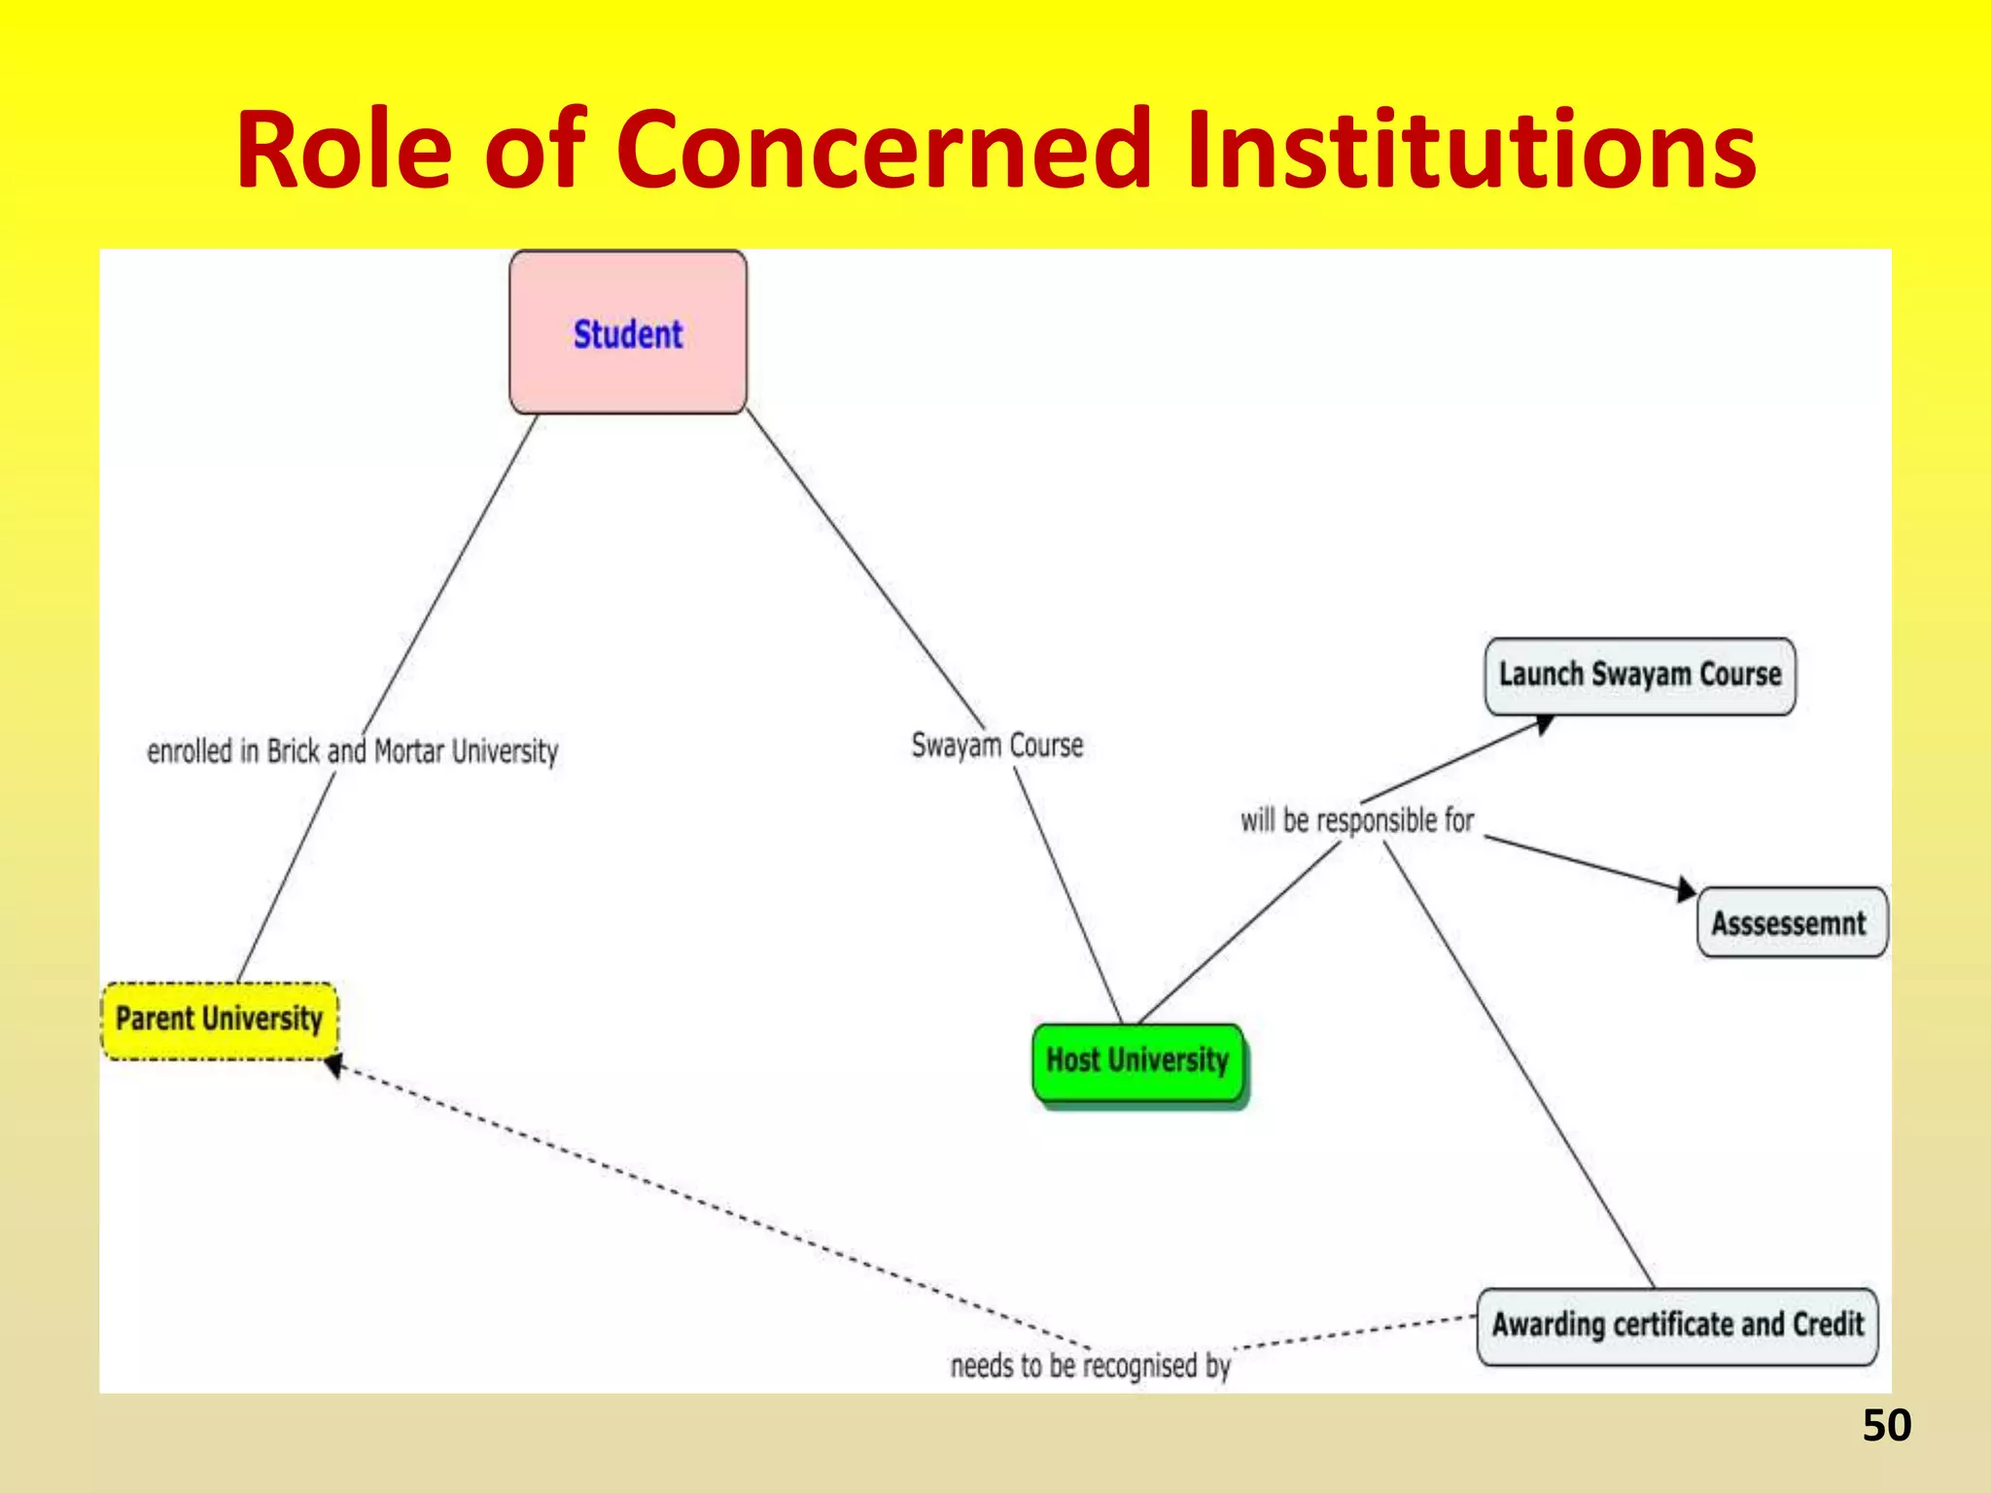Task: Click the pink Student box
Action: (x=628, y=332)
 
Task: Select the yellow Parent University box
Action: (x=220, y=1020)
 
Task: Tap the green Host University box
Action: (x=1137, y=1060)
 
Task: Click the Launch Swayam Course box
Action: (x=1639, y=676)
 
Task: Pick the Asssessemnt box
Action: (x=1791, y=922)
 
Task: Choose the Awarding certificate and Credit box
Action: (x=1677, y=1326)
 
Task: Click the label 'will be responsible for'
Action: (x=1357, y=820)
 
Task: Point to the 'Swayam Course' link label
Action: (x=996, y=746)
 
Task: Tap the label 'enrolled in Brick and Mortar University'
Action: (x=352, y=751)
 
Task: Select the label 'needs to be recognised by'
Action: (x=1090, y=1366)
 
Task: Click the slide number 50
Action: (x=1886, y=1426)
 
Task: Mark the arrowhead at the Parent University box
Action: (x=334, y=1067)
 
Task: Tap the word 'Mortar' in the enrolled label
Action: (x=409, y=751)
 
